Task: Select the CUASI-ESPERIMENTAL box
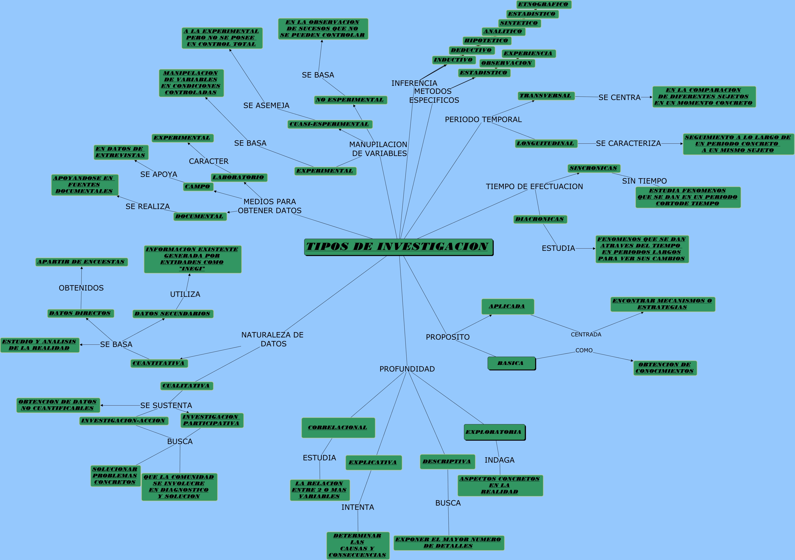330,124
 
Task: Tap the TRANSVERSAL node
546,96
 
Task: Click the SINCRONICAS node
594,168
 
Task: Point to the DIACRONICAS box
540,219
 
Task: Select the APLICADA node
507,307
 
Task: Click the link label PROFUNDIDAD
407,369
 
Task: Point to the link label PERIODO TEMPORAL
483,119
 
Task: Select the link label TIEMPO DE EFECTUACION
534,187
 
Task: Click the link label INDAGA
499,460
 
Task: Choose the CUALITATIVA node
187,386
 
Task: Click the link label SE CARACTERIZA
628,143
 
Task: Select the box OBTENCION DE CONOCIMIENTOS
665,368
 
